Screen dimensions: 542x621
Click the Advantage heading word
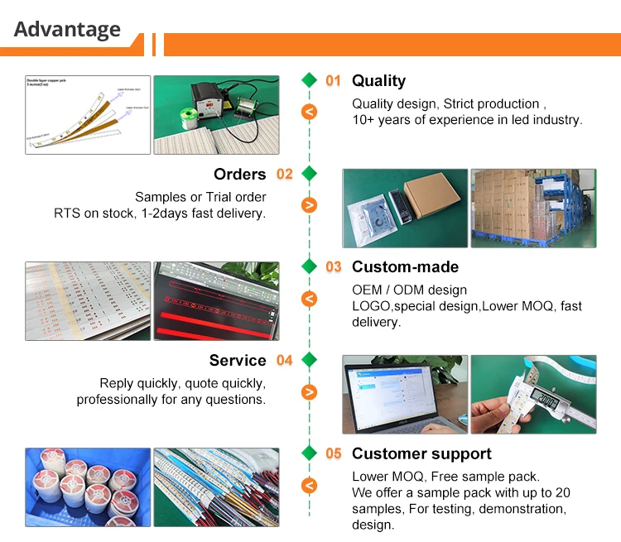point(67,30)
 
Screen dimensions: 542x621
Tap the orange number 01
point(333,80)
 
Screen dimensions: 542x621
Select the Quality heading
point(378,80)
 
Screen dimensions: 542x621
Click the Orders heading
point(239,174)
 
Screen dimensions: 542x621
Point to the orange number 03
point(333,267)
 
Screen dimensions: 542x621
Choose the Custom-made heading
point(405,267)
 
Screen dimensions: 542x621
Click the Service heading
point(238,360)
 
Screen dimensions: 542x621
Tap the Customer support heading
point(421,453)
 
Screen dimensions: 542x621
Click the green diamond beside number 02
point(309,174)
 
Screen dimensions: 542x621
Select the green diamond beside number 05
point(309,453)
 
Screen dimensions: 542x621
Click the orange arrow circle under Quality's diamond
point(309,112)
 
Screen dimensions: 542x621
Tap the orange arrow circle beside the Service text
point(309,392)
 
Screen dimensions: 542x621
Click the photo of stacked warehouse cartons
point(532,209)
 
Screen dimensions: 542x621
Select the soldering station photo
point(216,115)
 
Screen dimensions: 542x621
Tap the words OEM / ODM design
point(409,290)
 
